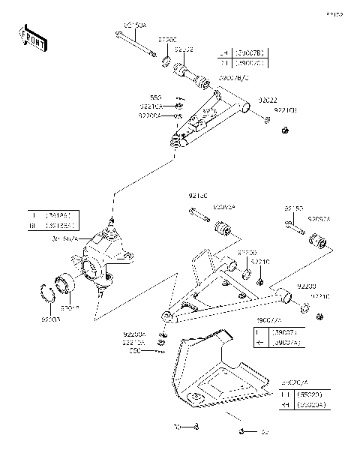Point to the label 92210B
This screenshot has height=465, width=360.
[x=286, y=110]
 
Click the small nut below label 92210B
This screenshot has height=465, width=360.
[x=285, y=132]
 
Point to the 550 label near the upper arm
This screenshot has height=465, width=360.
[x=156, y=97]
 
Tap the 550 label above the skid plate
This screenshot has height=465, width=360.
[x=134, y=351]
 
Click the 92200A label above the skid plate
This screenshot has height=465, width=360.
[x=135, y=334]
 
